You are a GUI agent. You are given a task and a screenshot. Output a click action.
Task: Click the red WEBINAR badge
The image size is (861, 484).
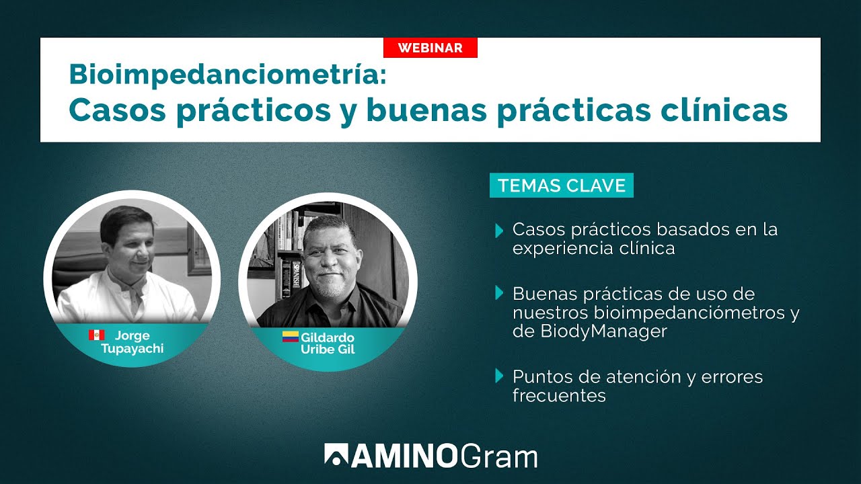[x=430, y=48]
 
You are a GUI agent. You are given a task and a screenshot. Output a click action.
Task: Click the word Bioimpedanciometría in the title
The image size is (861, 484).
[x=227, y=74]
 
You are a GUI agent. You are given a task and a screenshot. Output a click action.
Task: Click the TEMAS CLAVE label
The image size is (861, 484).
[x=562, y=186]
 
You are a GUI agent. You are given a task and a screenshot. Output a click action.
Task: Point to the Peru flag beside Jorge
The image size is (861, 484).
[x=96, y=335]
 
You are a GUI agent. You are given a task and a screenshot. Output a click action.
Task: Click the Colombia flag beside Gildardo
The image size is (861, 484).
[x=290, y=337]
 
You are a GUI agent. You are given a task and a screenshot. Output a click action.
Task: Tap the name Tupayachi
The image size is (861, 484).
[x=132, y=348]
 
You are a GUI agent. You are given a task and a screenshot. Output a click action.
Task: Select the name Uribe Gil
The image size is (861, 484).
[x=328, y=349]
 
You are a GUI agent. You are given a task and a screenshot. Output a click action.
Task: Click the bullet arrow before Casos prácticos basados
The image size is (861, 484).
[x=499, y=231]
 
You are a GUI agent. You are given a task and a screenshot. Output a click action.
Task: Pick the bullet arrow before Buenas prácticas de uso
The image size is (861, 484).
[x=499, y=292]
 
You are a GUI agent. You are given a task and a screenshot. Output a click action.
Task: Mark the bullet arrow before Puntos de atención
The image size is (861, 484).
[x=499, y=376]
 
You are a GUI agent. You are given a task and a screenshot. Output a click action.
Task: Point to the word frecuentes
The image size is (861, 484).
[x=559, y=396]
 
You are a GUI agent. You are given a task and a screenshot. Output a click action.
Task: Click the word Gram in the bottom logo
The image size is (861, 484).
[x=499, y=456]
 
